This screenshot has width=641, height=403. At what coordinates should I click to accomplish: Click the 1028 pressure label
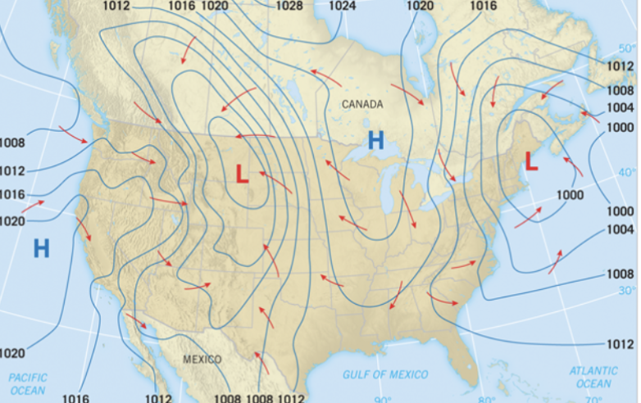tap(289, 6)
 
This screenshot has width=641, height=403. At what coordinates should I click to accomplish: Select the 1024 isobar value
tap(342, 6)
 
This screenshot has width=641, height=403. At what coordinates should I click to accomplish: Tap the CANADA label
tap(362, 104)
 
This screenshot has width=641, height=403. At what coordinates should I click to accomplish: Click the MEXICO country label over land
tap(202, 360)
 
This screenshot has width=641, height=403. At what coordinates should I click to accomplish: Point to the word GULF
tap(358, 375)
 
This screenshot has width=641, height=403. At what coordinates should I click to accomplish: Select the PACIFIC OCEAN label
tap(27, 384)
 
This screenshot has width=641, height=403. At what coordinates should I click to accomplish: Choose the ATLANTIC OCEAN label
tap(593, 378)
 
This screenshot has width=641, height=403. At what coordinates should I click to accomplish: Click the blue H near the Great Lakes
tap(375, 139)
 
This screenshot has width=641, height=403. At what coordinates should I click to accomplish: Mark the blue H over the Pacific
tap(41, 248)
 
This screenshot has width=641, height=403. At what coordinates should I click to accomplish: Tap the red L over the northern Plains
tap(242, 173)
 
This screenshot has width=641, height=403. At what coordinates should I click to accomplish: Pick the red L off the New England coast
tap(531, 162)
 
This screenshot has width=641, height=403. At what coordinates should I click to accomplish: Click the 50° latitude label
tap(625, 49)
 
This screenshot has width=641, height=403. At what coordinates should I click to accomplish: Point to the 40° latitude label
tap(627, 172)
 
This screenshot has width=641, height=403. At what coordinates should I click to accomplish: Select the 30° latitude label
tap(626, 291)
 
